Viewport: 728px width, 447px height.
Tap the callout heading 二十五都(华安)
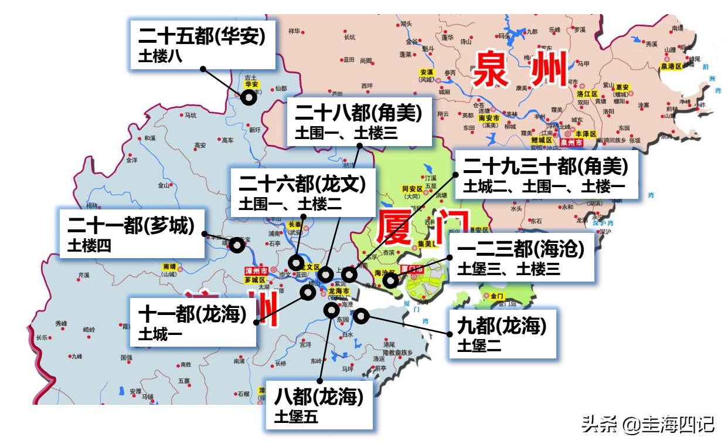[202, 36]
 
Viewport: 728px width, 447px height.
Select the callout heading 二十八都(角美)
[358, 113]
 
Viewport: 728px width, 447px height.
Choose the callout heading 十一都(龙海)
[192, 314]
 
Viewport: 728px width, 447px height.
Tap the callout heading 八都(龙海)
[319, 397]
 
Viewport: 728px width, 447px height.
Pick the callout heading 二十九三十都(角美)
[545, 166]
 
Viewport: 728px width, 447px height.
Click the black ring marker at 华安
[249, 97]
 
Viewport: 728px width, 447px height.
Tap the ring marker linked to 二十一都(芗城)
[237, 245]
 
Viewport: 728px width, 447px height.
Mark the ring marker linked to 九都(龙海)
[360, 316]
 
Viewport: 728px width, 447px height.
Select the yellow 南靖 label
[169, 266]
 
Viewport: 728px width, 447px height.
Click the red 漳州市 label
[256, 271]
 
